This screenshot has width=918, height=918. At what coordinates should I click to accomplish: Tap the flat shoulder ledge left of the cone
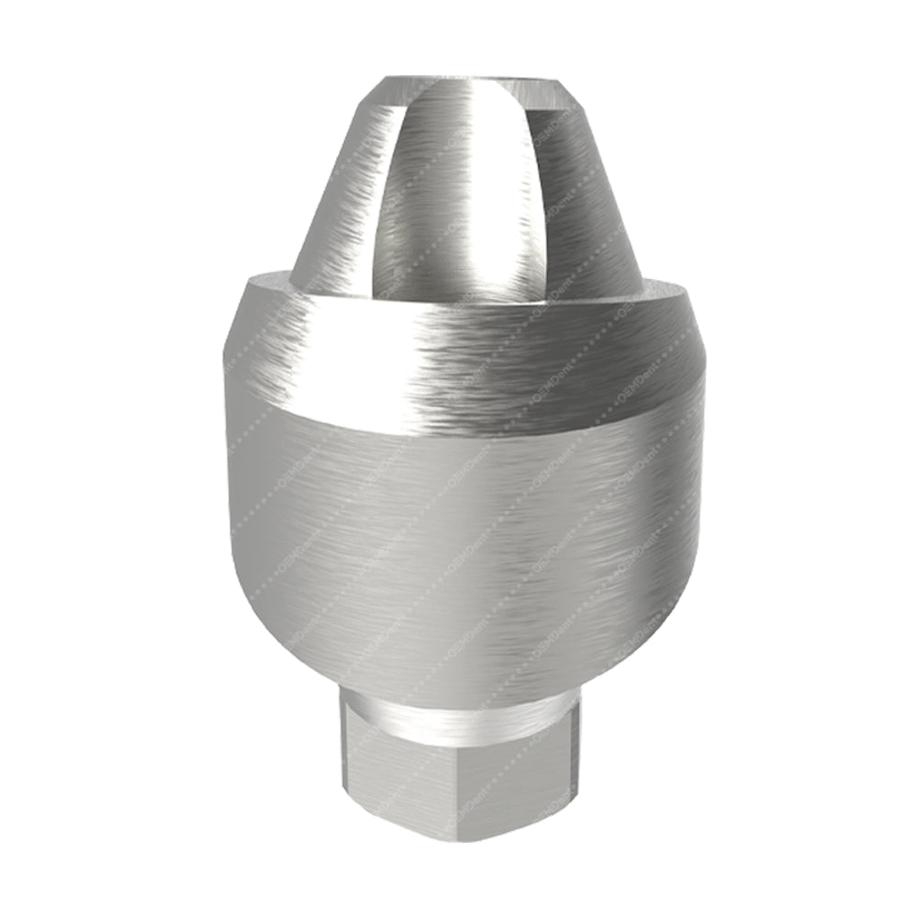[x=271, y=281]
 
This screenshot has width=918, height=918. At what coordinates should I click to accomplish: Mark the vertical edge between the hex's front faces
[x=456, y=780]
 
